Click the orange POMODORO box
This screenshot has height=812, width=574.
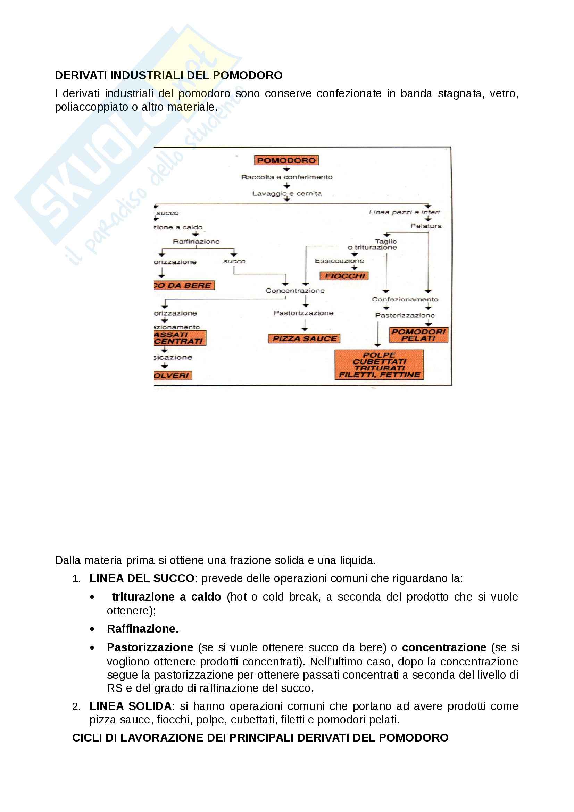click(x=286, y=160)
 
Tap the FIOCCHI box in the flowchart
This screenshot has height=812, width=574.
click(x=344, y=276)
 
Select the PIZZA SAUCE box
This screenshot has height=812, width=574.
click(x=304, y=338)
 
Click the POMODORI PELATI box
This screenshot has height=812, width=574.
click(x=418, y=335)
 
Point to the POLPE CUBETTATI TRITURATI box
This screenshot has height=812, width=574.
click(x=379, y=365)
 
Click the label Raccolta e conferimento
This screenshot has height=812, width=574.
click(x=287, y=177)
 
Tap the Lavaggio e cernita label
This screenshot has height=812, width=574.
click(x=287, y=193)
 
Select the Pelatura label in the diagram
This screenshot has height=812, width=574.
click(x=426, y=226)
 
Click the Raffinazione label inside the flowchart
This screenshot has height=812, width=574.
click(x=196, y=241)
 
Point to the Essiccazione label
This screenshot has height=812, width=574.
click(x=339, y=261)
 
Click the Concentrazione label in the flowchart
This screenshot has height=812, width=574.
click(x=295, y=290)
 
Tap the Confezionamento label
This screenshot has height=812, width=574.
click(x=405, y=299)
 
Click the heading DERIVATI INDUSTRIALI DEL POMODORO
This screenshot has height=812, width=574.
click(x=169, y=75)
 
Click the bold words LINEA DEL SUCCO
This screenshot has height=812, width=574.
click(x=142, y=578)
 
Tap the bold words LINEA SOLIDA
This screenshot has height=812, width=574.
click(x=131, y=706)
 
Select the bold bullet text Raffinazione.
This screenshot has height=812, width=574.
click(x=142, y=628)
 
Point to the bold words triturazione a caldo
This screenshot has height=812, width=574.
click(x=166, y=597)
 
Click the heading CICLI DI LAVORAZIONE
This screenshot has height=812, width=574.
click(x=260, y=737)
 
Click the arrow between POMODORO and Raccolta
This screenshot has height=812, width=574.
click(x=286, y=169)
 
